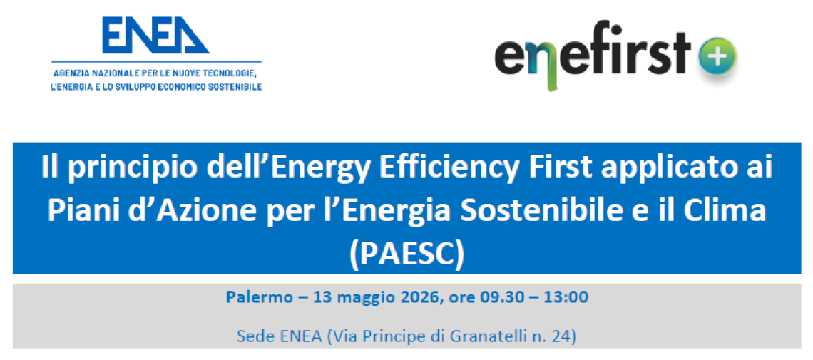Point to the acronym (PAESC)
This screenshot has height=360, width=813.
[x=407, y=254]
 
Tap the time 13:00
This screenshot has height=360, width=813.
[x=566, y=297]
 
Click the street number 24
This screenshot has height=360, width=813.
[x=566, y=336]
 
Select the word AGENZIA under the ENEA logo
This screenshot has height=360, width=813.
[x=72, y=73]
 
